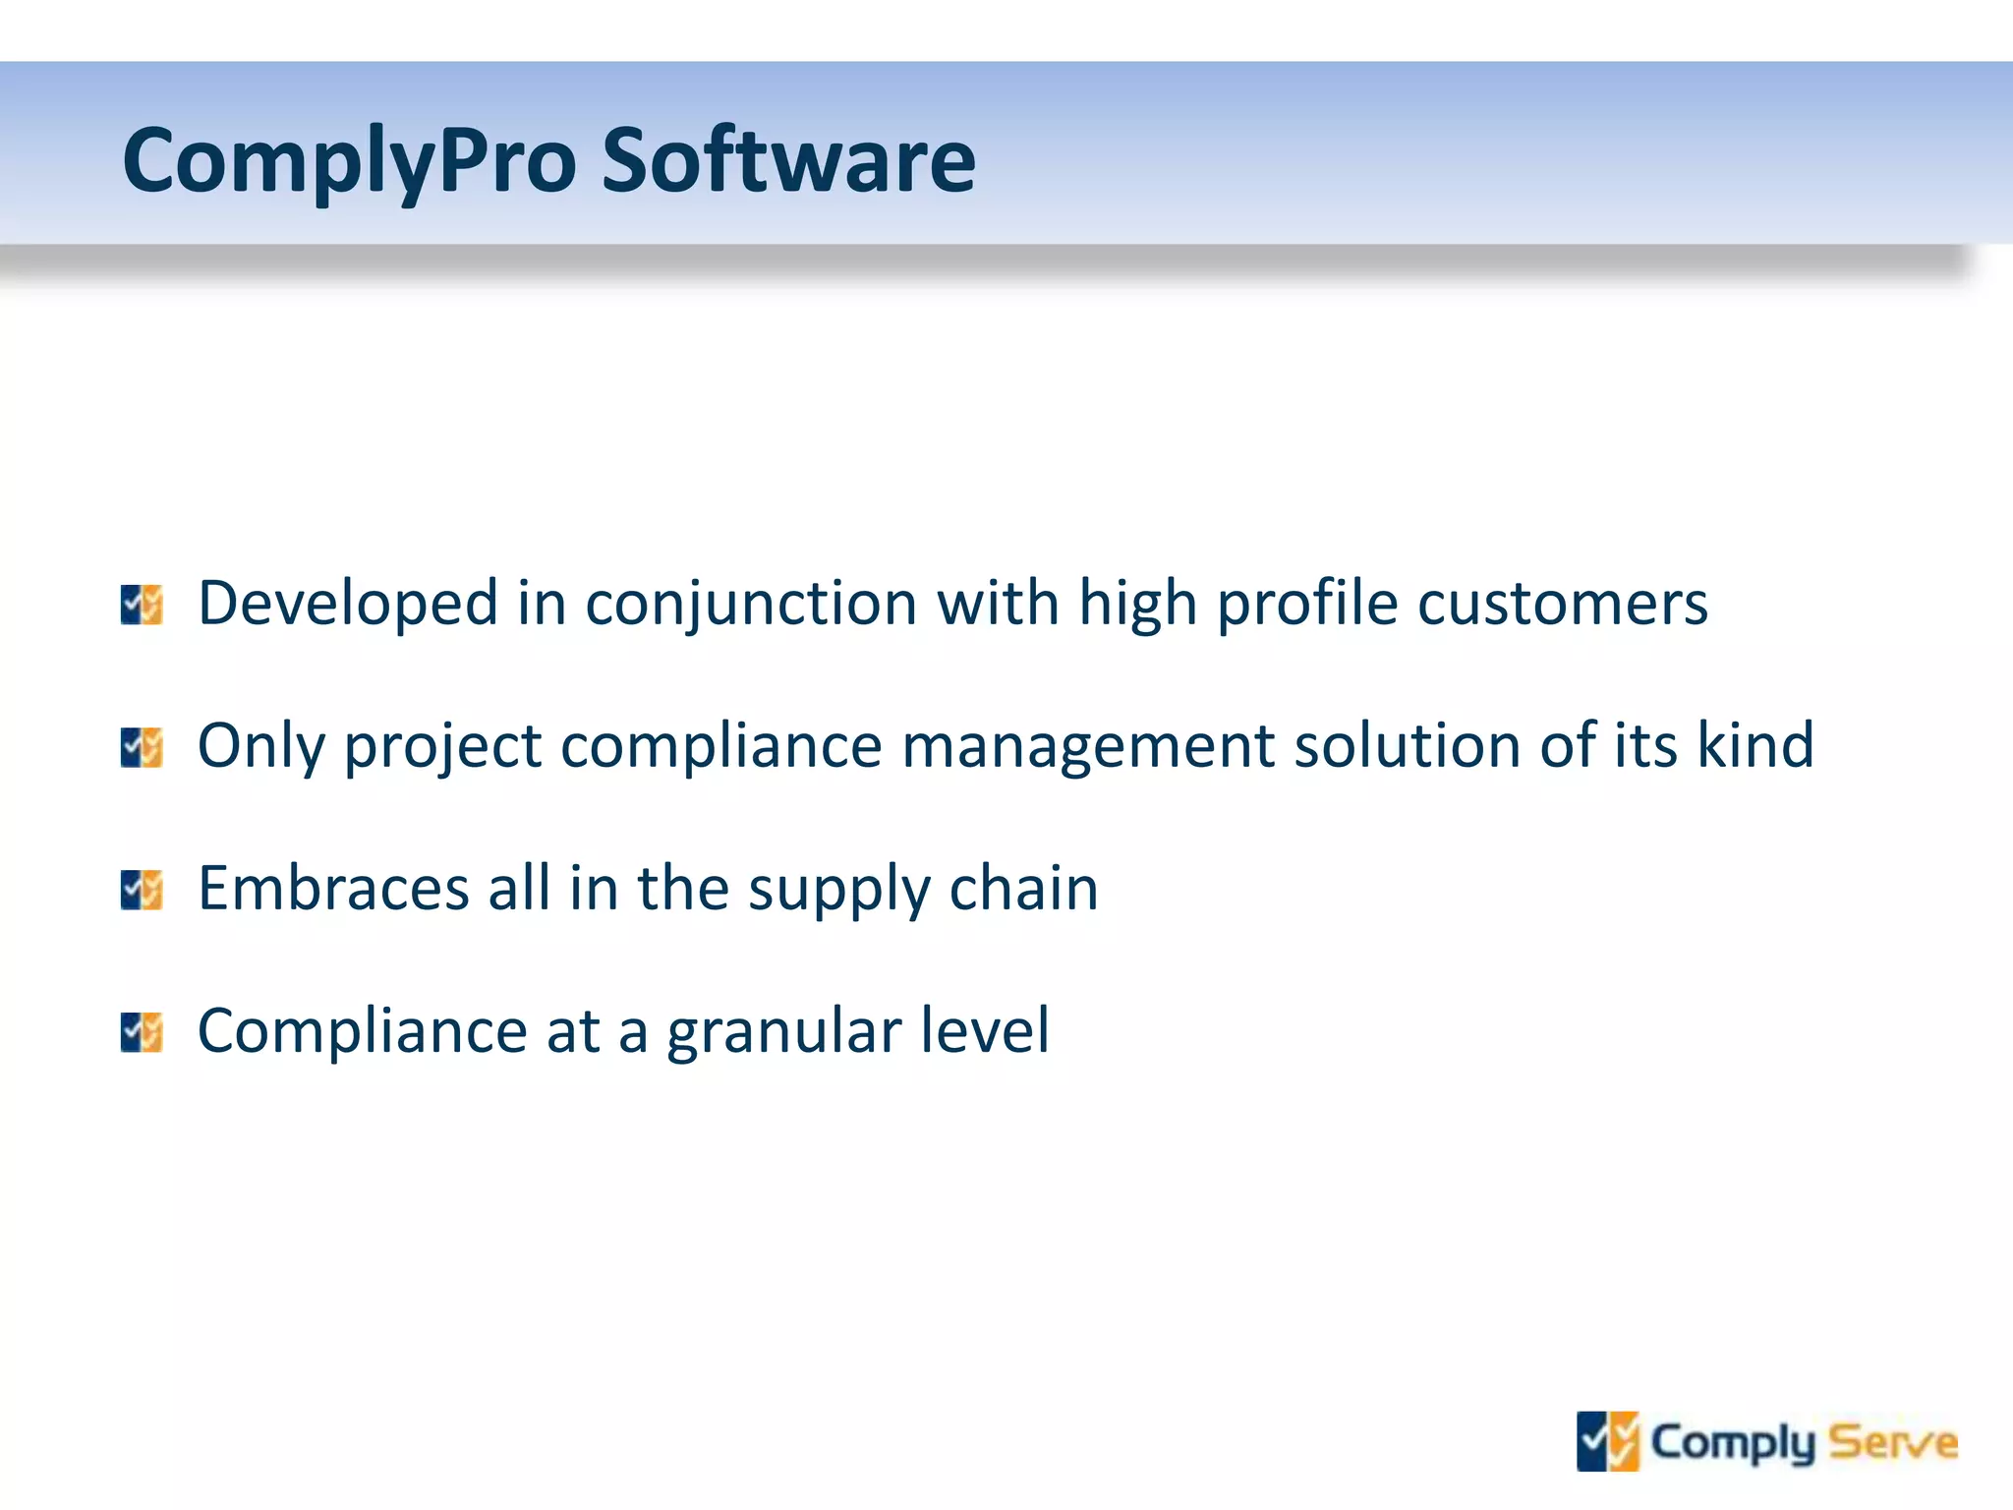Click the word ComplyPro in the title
(x=349, y=162)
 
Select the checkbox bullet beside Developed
(x=142, y=605)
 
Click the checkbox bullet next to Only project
(x=142, y=747)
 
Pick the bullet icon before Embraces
(x=142, y=890)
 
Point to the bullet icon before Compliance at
(x=142, y=1032)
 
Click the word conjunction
(x=751, y=604)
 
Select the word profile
(x=1307, y=604)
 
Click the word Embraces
(x=333, y=888)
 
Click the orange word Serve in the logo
(x=1893, y=1442)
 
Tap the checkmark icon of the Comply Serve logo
(x=1608, y=1442)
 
